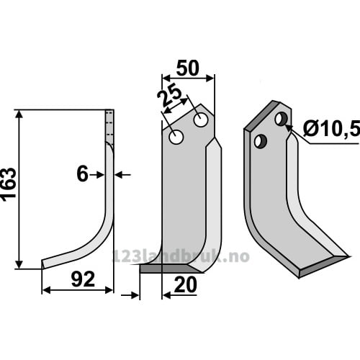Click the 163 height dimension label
tap(9, 183)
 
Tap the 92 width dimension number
tap(83, 279)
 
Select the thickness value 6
tap(82, 174)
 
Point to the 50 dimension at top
tap(188, 68)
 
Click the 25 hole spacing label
tap(168, 96)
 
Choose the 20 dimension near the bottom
tap(185, 285)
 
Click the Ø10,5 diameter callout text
tap(331, 128)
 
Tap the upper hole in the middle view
tap(200, 120)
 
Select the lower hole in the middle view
tap(176, 138)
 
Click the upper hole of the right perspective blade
tap(281, 119)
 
